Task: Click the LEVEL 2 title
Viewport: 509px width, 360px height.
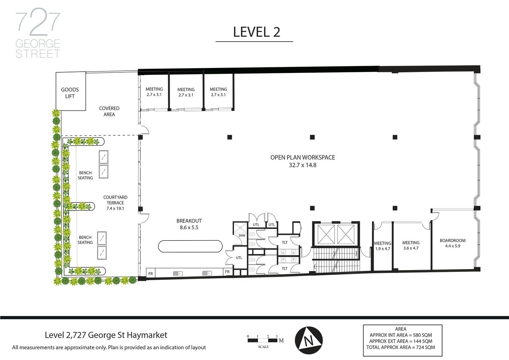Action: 256,32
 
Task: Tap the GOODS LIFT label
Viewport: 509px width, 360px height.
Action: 70,93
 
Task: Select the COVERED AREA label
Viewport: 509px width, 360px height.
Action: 109,111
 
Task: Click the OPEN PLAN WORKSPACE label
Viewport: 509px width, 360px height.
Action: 303,161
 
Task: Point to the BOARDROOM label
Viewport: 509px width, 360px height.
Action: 452,243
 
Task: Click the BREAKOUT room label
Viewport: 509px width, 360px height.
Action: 189,224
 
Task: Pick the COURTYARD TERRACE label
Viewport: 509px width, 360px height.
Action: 115,202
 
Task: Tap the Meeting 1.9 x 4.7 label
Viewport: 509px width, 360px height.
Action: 382,246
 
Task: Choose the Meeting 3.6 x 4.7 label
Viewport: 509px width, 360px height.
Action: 411,245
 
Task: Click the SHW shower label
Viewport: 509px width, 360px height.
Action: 242,235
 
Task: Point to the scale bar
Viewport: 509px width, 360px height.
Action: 263,341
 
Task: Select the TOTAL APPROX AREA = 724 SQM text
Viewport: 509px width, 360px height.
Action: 400,347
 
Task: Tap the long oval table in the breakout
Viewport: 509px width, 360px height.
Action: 190,246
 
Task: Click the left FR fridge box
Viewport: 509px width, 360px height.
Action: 151,274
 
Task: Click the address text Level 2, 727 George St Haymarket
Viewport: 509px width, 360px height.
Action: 106,335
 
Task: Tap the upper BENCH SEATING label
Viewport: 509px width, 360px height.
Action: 85,175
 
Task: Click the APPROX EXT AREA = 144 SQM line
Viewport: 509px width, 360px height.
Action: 400,341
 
